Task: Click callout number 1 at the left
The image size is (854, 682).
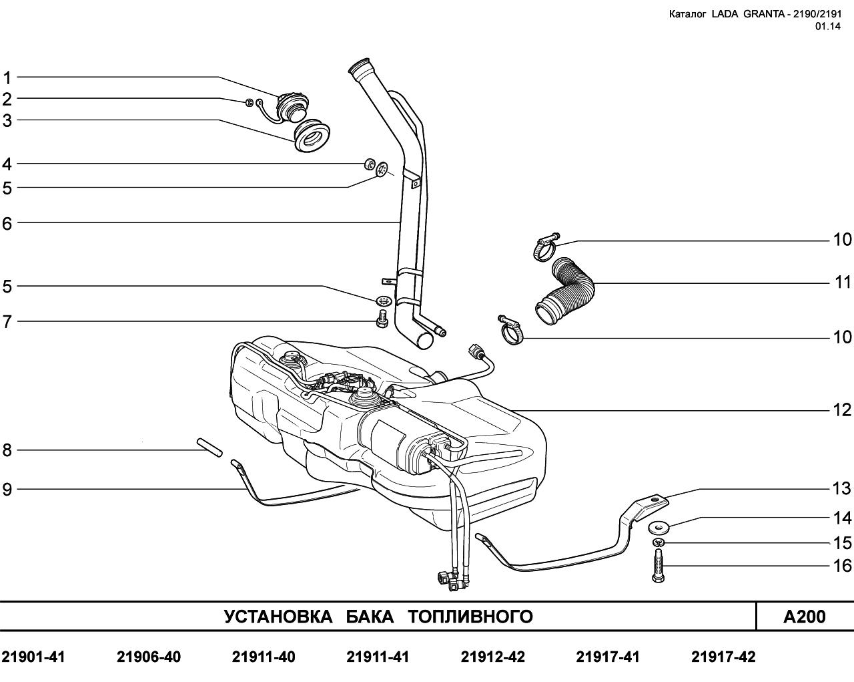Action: pos(7,77)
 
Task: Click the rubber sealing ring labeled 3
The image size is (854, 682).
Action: pos(312,136)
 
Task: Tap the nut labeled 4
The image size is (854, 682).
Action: pos(368,164)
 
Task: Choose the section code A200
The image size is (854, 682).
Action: pos(804,617)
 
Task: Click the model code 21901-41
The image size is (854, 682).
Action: pos(33,657)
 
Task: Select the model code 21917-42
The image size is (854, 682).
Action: pos(723,657)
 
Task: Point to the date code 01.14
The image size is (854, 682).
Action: pos(827,26)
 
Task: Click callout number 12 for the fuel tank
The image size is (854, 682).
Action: pos(843,409)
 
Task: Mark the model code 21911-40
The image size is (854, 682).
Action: pos(264,657)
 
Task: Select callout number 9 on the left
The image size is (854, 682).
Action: pos(7,490)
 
